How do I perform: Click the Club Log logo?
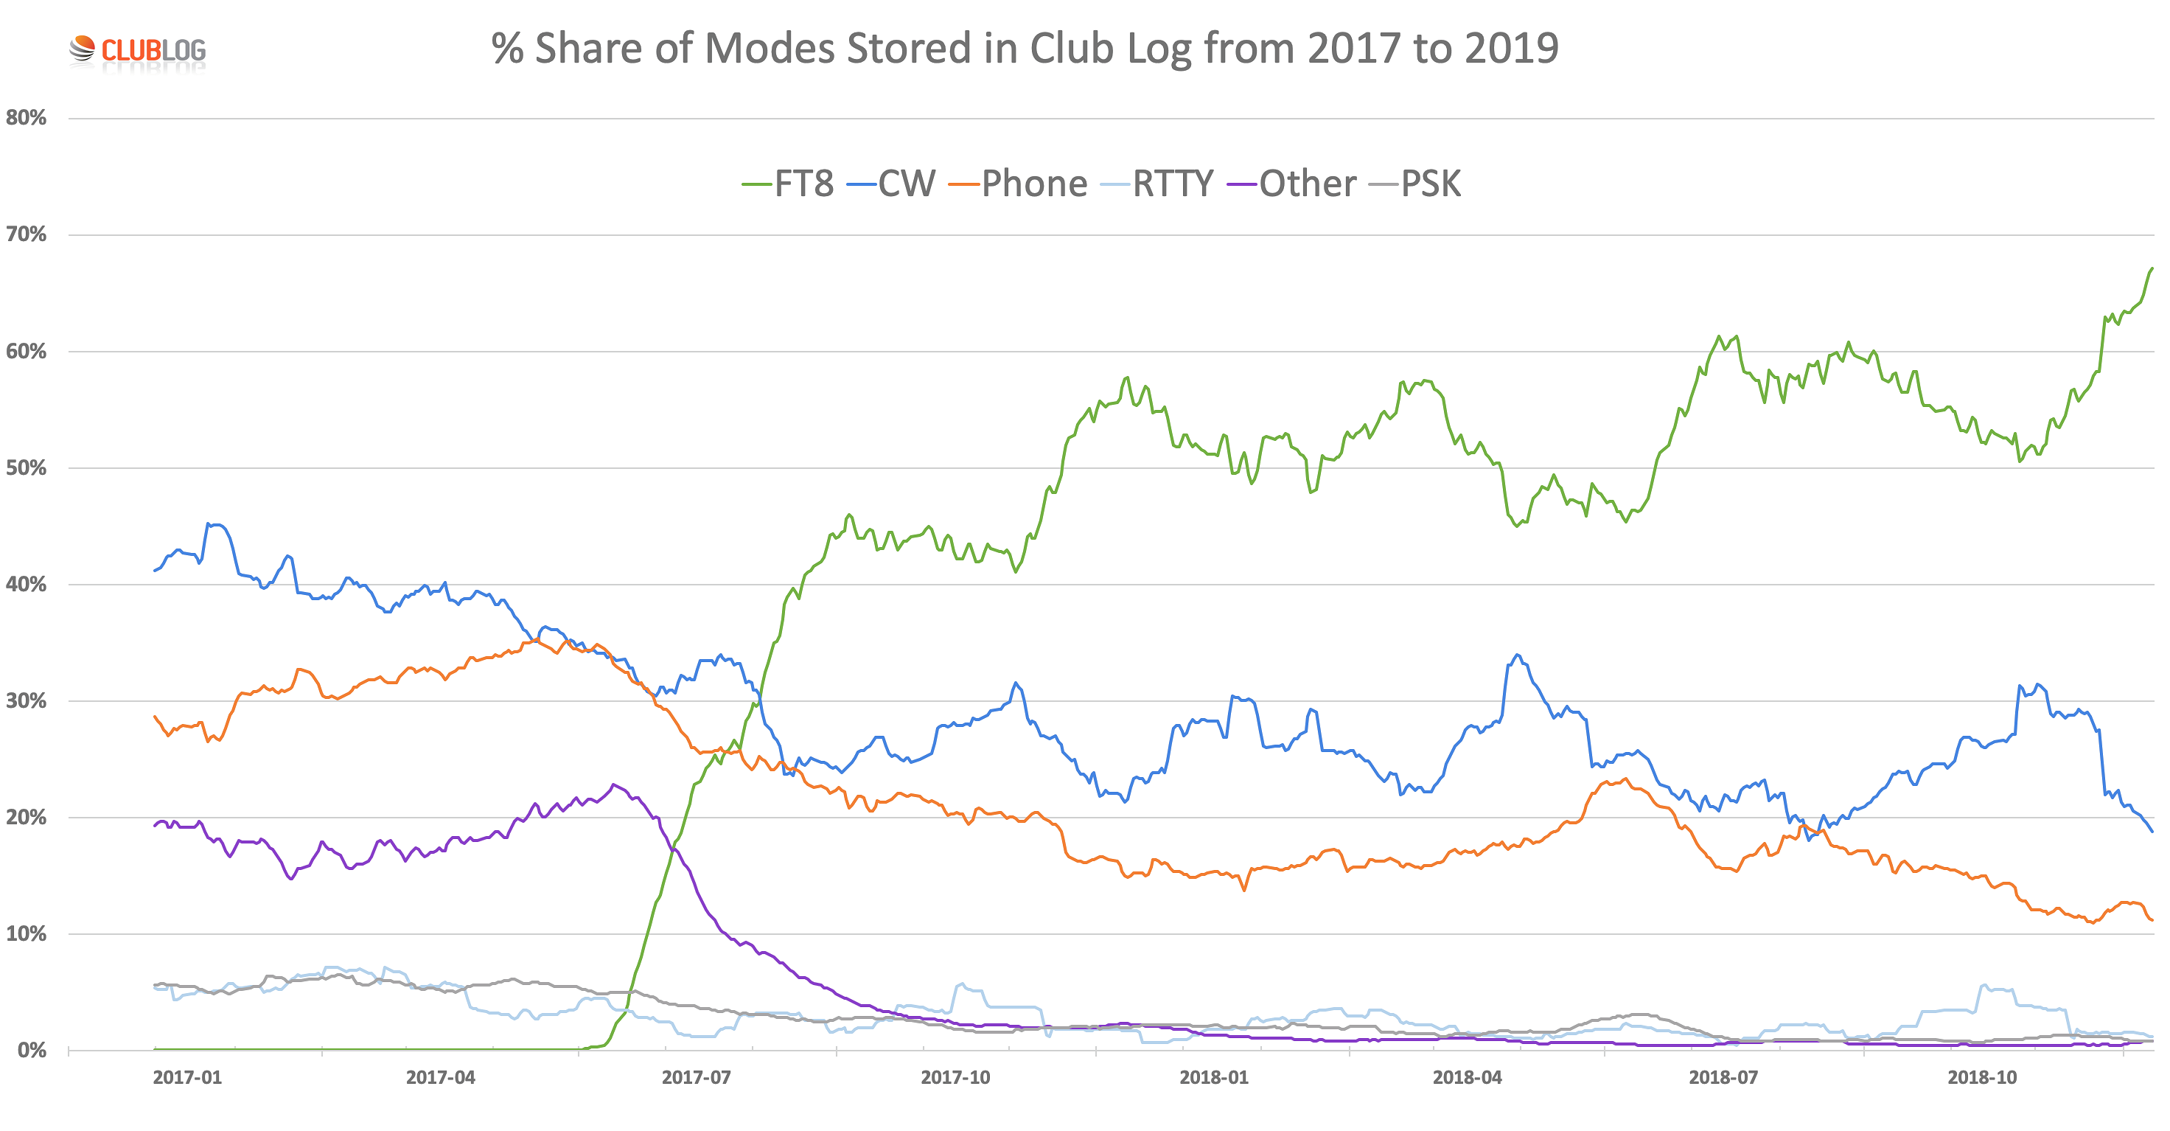pyautogui.click(x=137, y=51)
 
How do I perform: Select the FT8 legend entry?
pyautogui.click(x=788, y=184)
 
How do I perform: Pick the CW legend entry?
pyautogui.click(x=892, y=184)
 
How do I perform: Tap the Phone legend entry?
pyautogui.click(x=1019, y=184)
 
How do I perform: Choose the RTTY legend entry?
pyautogui.click(x=1158, y=184)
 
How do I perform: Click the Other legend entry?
pyautogui.click(x=1292, y=184)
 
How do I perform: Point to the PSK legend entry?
pyautogui.click(x=1416, y=184)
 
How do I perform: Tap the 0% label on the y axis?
pyautogui.click(x=32, y=1050)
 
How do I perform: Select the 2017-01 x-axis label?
pyautogui.click(x=187, y=1077)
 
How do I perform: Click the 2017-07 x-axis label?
pyautogui.click(x=696, y=1077)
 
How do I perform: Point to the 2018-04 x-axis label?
pyautogui.click(x=1467, y=1077)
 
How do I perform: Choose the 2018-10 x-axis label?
pyautogui.click(x=1982, y=1077)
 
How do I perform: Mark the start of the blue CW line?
pyautogui.click(x=155, y=571)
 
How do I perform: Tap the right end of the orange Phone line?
pyautogui.click(x=2152, y=919)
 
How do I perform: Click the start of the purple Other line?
pyautogui.click(x=155, y=825)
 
